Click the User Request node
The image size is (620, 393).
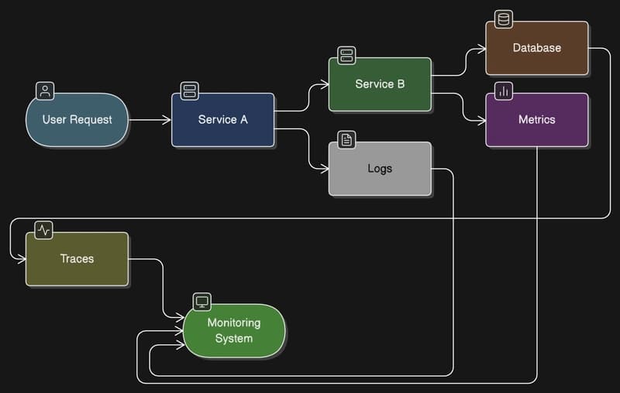coord(77,120)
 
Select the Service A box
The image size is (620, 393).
coord(222,120)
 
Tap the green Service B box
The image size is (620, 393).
coord(380,84)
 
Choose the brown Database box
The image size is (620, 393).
coord(536,48)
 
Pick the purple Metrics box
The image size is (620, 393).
coord(536,120)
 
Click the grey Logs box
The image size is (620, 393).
coord(380,169)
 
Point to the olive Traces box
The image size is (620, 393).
coord(77,259)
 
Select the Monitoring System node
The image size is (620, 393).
coord(233,331)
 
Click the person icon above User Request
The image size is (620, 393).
coord(46,91)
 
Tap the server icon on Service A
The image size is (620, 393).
coord(190,91)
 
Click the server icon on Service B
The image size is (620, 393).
coord(346,55)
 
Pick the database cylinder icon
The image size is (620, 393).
coord(503,19)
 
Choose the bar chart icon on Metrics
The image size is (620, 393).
coord(504,91)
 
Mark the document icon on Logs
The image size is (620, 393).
coord(346,140)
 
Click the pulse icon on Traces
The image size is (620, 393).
coord(44,230)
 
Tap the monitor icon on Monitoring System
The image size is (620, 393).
coord(201,302)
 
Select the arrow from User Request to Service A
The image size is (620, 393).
coord(149,120)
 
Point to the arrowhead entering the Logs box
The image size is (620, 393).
coord(324,169)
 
